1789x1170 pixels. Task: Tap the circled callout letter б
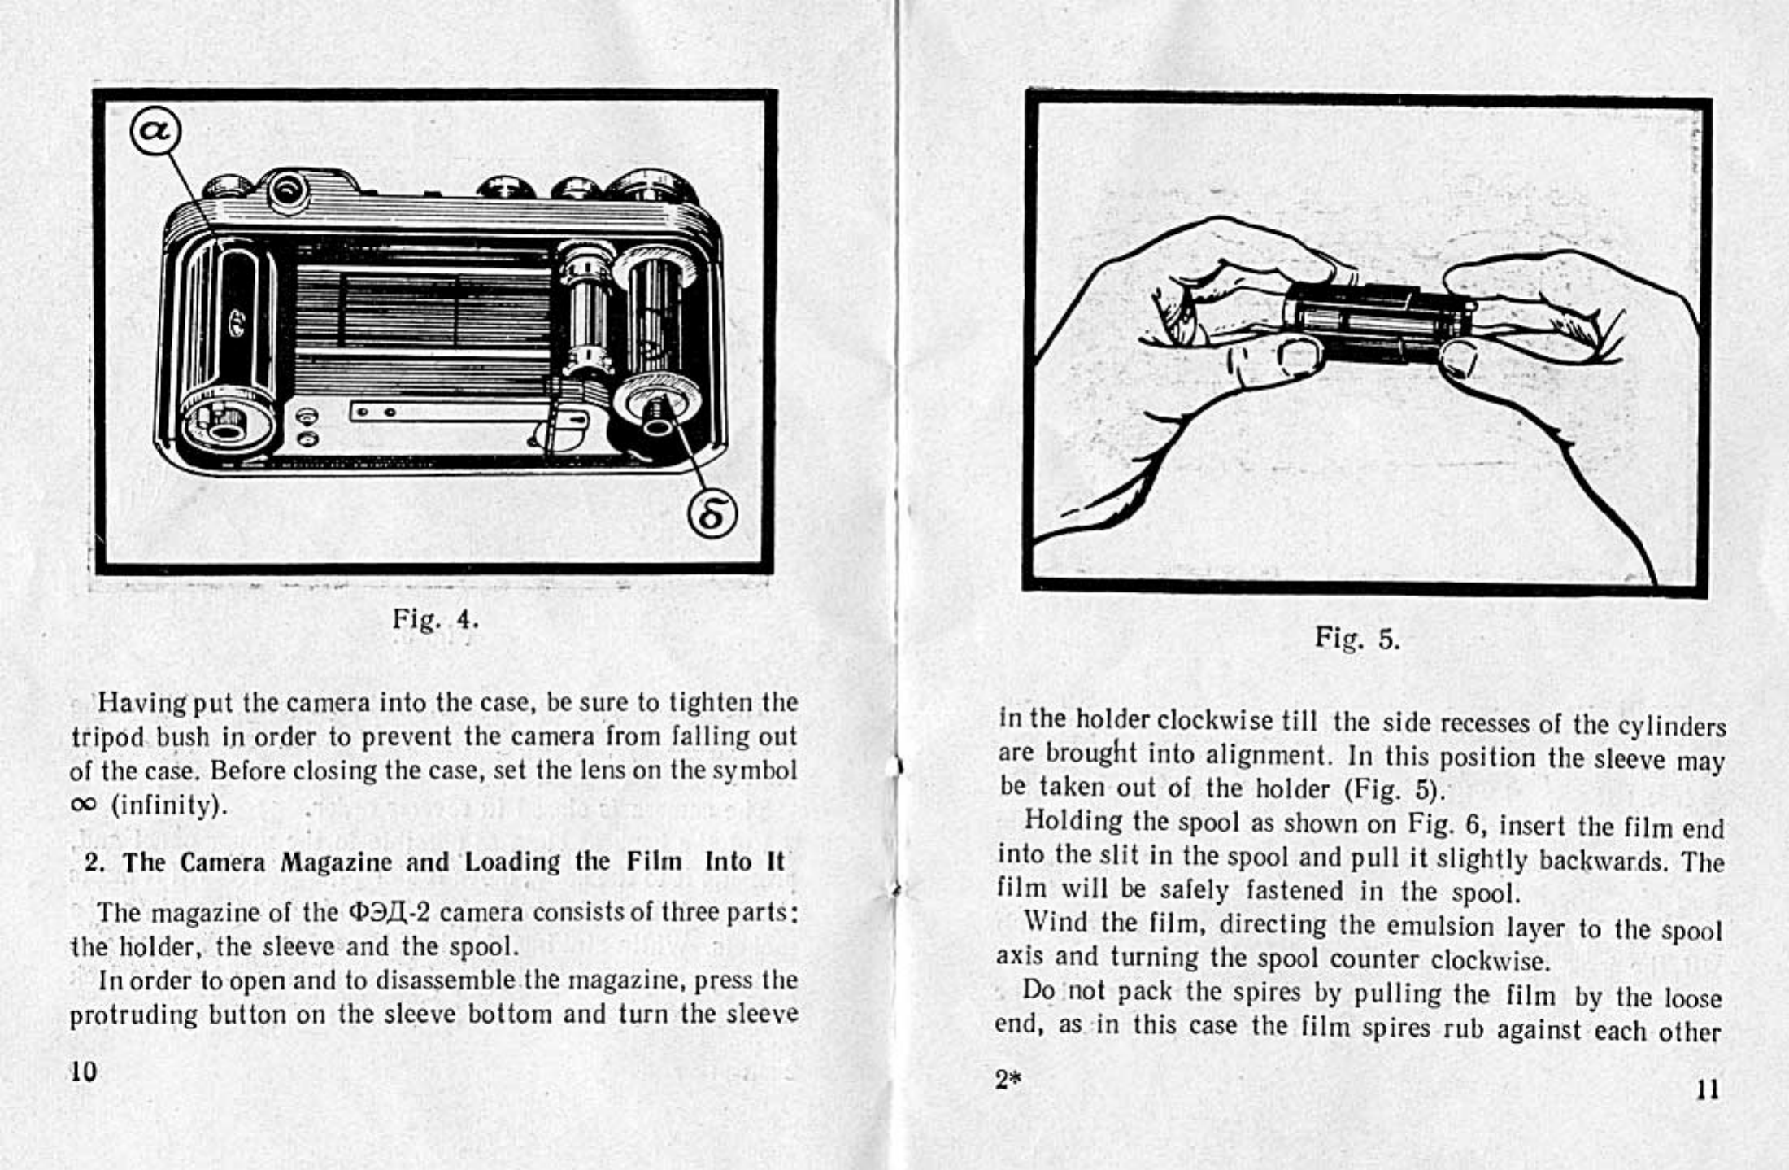(713, 515)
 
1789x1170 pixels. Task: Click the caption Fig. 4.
(435, 620)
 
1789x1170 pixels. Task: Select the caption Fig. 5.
(1357, 639)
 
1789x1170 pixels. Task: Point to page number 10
(83, 1071)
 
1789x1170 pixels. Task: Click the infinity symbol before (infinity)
(83, 804)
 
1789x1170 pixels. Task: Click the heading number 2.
(93, 862)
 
